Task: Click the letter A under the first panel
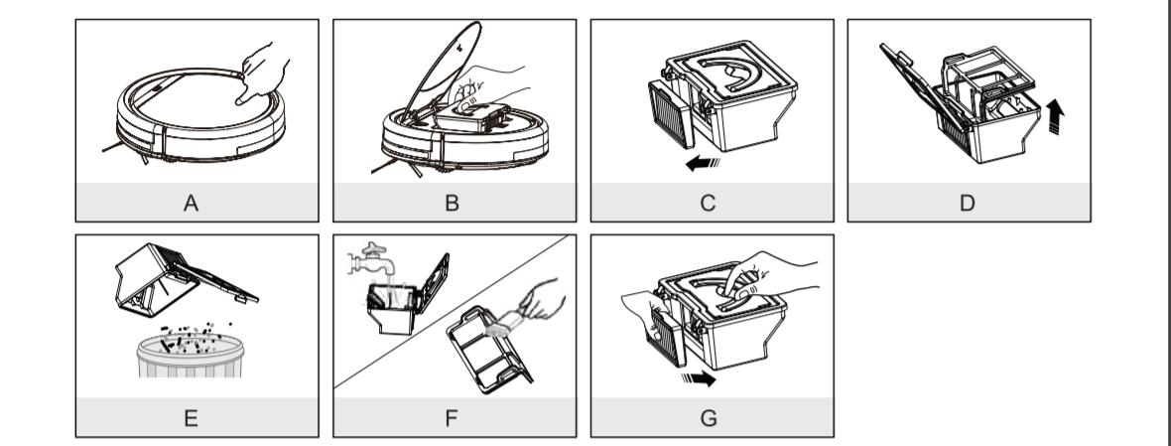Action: (191, 204)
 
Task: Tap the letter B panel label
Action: (452, 204)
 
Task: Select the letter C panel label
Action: (708, 204)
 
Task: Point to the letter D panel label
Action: (968, 204)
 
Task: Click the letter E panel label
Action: (191, 418)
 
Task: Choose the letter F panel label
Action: (452, 418)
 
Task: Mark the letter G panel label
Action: (709, 418)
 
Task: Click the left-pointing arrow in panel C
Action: (703, 163)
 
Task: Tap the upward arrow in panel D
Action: (1055, 117)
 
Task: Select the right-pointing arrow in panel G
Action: (699, 378)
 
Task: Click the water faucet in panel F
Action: (372, 259)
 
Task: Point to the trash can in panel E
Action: (191, 357)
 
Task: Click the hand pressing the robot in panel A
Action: (262, 73)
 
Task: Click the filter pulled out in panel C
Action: (672, 113)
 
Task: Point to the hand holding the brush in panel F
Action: (542, 299)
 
